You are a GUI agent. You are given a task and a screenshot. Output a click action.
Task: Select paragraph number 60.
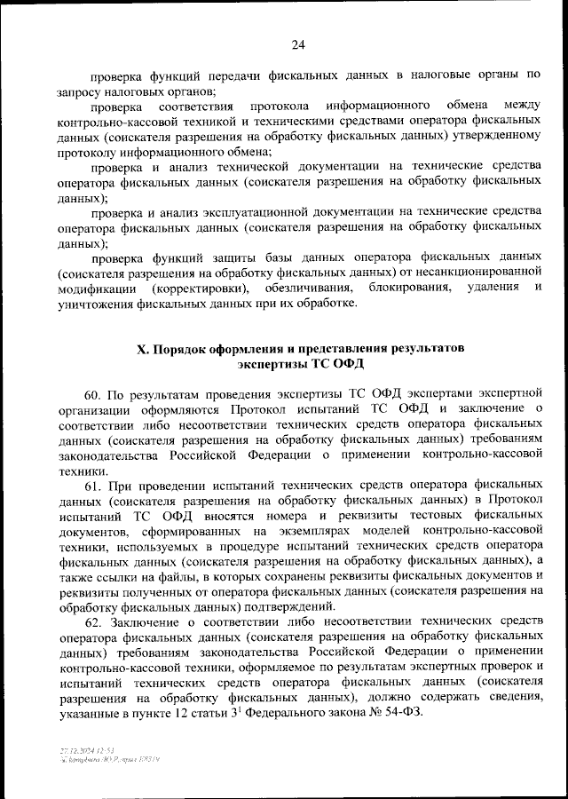point(95,392)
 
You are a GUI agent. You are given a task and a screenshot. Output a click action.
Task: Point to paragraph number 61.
point(95,487)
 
